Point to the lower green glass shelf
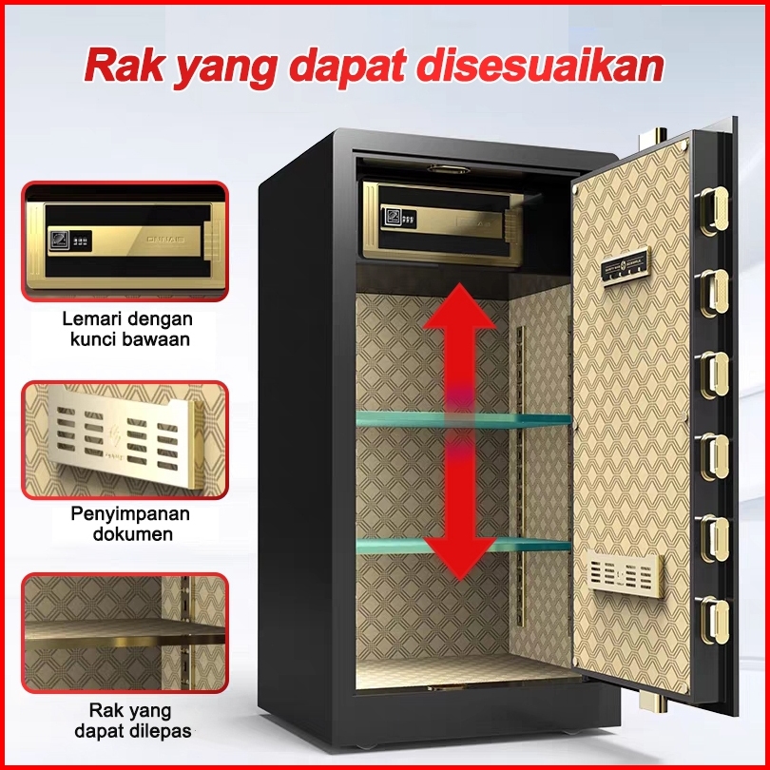point(464,546)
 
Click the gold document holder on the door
point(622,575)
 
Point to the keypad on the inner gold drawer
point(404,217)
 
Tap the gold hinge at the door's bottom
point(649,702)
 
